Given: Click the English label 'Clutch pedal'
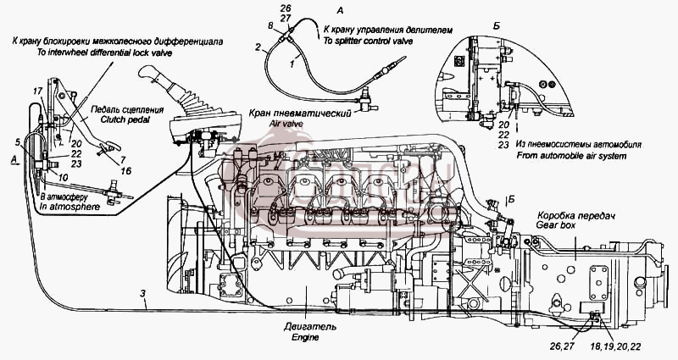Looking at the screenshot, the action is click(126, 119).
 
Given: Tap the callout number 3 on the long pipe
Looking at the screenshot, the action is click(143, 293).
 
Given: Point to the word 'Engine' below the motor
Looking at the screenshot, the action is click(305, 337).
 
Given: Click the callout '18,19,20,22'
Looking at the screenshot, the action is click(615, 346).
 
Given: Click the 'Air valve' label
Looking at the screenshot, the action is click(286, 124).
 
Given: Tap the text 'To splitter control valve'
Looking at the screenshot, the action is click(368, 41).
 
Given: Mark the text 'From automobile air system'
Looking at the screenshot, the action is click(571, 156).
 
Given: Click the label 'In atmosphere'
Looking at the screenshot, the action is click(69, 207).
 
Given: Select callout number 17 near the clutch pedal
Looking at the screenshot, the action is click(37, 91).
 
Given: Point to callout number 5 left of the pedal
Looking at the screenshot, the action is click(17, 141).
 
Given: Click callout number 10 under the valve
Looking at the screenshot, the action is click(63, 178).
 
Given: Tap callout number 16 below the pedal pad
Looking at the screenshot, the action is click(125, 171).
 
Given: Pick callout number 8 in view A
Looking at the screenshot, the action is click(270, 27).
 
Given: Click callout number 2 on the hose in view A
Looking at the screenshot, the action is click(258, 47).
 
